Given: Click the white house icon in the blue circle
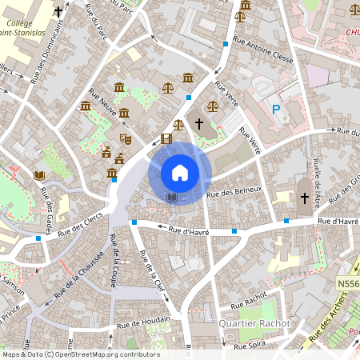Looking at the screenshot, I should [x=180, y=173].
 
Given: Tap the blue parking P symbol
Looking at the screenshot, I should [x=276, y=110].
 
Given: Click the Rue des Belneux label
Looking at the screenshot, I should [x=234, y=190].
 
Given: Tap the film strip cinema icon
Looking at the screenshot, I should [x=166, y=139].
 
